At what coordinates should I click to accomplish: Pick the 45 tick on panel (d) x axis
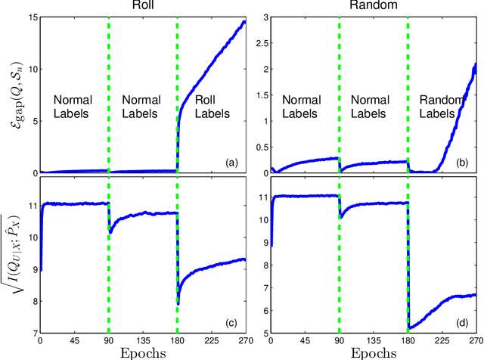(x=305, y=340)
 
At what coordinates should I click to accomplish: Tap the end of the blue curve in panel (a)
(x=245, y=22)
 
